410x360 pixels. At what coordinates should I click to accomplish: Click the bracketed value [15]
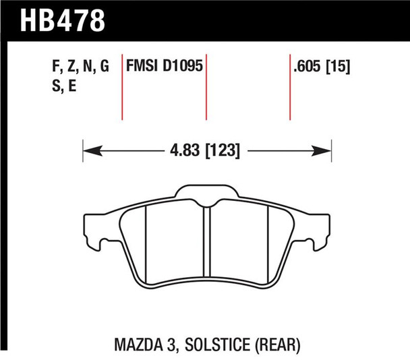point(341,67)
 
